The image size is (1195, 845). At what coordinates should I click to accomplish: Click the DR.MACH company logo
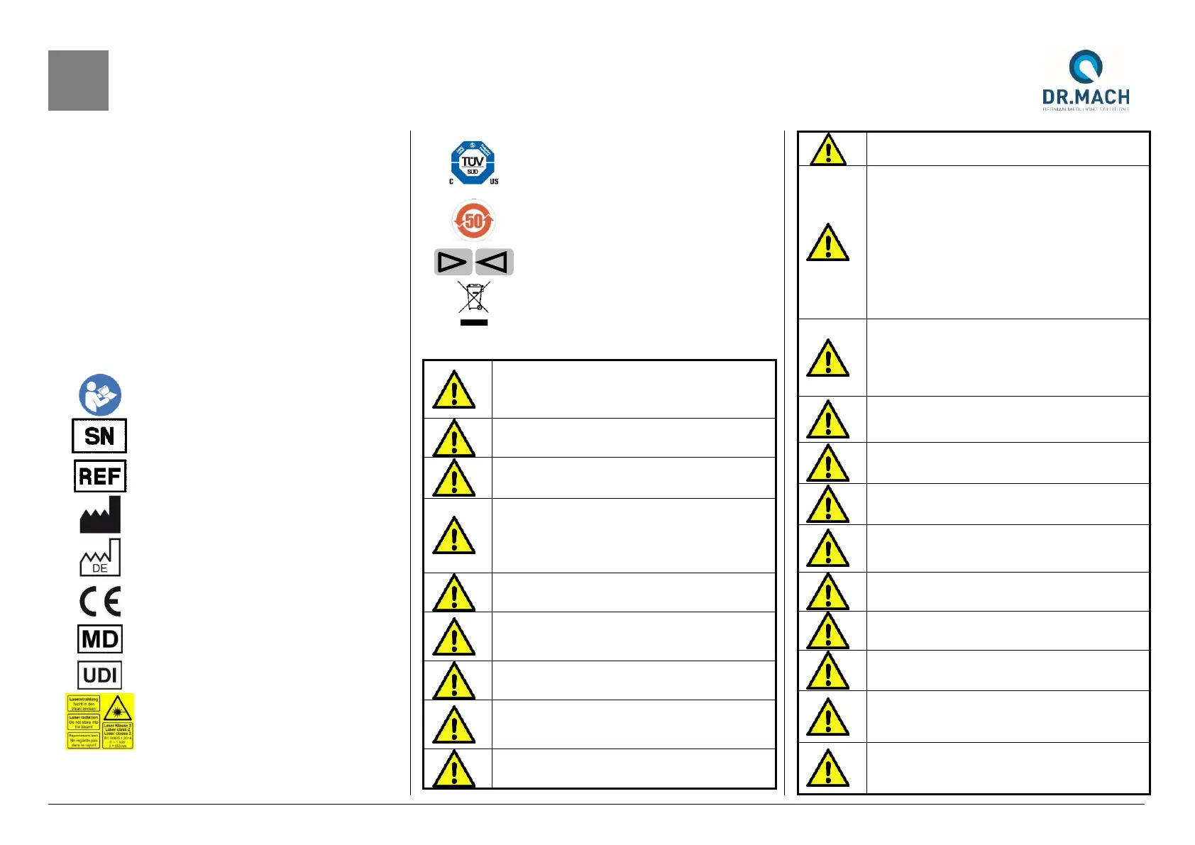pyautogui.click(x=1085, y=79)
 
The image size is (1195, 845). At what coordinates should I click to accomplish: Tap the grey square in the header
pyautogui.click(x=78, y=80)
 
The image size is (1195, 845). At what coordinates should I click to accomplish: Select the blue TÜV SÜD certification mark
pyautogui.click(x=473, y=162)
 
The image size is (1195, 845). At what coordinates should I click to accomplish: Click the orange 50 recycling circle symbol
pyautogui.click(x=473, y=221)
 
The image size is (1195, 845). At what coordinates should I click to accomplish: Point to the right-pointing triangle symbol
pyautogui.click(x=453, y=263)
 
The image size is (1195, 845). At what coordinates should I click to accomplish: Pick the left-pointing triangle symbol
pyautogui.click(x=494, y=263)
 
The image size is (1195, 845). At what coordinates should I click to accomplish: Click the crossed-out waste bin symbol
pyautogui.click(x=474, y=297)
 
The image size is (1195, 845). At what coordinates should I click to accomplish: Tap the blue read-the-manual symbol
pyautogui.click(x=100, y=394)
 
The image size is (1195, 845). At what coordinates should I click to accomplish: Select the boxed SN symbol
pyautogui.click(x=99, y=436)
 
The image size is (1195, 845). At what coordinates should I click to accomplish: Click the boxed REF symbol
pyautogui.click(x=100, y=476)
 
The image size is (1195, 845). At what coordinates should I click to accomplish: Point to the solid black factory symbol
pyautogui.click(x=100, y=515)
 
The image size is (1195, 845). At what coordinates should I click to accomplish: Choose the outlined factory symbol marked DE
pyautogui.click(x=100, y=558)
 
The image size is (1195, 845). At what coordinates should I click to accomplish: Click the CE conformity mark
pyautogui.click(x=100, y=602)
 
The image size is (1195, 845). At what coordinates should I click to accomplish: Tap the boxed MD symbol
pyautogui.click(x=100, y=639)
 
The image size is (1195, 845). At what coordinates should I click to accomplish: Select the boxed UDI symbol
pyautogui.click(x=100, y=675)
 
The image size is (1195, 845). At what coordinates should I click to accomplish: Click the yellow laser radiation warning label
pyautogui.click(x=100, y=722)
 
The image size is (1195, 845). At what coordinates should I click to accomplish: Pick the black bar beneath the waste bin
pyautogui.click(x=474, y=323)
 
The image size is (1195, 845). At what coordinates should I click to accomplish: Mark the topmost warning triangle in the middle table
pyautogui.click(x=454, y=390)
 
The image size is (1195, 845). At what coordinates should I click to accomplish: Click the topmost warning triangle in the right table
pyautogui.click(x=828, y=150)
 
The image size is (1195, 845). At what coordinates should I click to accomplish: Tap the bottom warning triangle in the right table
pyautogui.click(x=828, y=768)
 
